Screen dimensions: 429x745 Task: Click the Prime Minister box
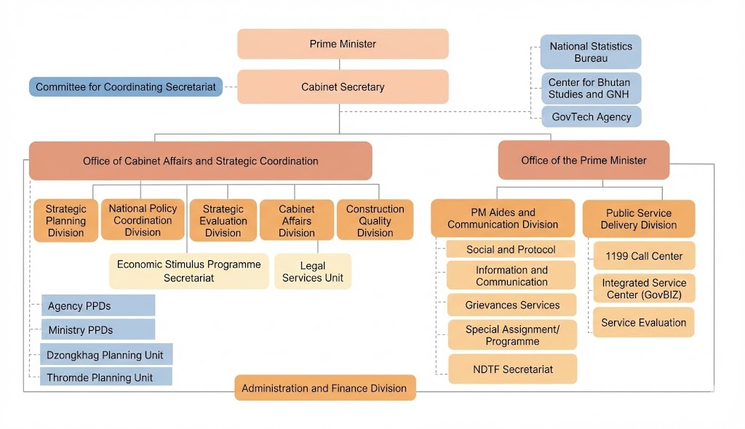[343, 44]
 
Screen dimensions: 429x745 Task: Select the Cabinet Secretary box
[343, 87]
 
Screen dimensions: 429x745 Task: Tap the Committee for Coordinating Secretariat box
[126, 87]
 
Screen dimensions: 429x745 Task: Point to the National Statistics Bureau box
[590, 52]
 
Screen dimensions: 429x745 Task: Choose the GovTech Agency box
[591, 117]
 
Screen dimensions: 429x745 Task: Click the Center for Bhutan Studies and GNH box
[590, 88]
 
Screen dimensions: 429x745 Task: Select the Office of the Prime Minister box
[583, 160]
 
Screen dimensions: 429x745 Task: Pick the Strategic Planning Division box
[65, 220]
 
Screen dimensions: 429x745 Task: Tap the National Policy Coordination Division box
[143, 220]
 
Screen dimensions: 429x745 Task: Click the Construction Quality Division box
[375, 220]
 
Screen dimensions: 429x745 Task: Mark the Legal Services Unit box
[313, 271]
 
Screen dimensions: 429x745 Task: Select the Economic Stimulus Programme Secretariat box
[188, 271]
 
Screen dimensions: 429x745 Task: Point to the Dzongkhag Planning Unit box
[106, 356]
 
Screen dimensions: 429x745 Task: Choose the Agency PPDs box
[97, 306]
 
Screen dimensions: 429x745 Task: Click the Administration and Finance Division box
[324, 388]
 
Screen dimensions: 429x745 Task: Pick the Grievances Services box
[513, 305]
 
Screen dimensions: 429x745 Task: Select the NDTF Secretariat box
[513, 369]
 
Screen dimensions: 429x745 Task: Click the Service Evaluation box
[643, 323]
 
